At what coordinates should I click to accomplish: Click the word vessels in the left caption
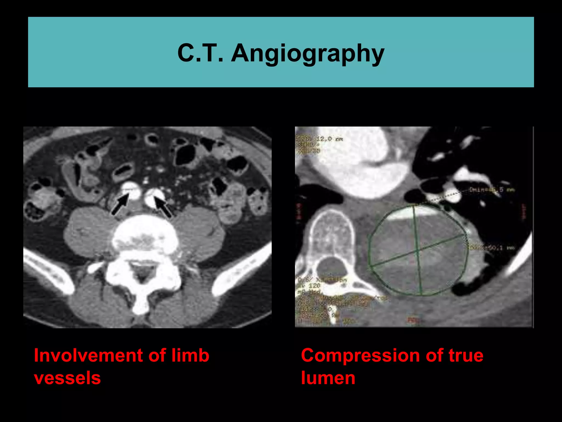(67, 378)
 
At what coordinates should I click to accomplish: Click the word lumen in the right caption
(328, 378)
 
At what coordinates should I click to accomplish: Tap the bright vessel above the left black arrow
(131, 190)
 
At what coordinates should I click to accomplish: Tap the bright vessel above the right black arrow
(154, 197)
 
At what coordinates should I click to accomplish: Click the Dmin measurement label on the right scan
(491, 190)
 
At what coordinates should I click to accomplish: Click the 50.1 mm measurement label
(491, 248)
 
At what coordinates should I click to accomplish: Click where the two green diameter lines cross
(418, 250)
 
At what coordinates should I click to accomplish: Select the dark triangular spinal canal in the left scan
(141, 271)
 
